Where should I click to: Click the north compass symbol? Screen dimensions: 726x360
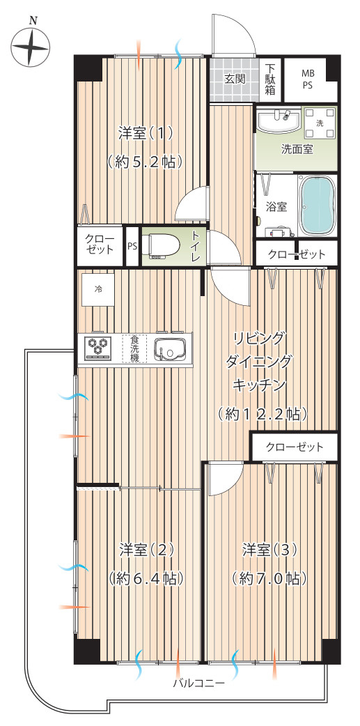tap(31, 47)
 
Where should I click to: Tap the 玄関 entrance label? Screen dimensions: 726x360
tap(235, 79)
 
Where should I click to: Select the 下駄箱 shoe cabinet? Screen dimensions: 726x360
tap(270, 79)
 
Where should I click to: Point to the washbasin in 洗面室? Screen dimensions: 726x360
tap(279, 121)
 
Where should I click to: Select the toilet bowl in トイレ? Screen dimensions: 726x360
tap(159, 246)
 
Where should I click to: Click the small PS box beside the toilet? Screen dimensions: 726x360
tap(132, 246)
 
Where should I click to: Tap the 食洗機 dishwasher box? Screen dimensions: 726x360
tap(134, 348)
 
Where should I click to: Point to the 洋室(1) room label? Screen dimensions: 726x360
tap(145, 132)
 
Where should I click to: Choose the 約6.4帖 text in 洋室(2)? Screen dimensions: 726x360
tap(146, 578)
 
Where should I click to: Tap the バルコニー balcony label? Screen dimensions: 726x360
tap(199, 684)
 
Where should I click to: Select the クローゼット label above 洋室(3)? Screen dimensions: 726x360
tap(295, 447)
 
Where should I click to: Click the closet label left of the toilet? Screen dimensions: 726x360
tap(99, 245)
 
